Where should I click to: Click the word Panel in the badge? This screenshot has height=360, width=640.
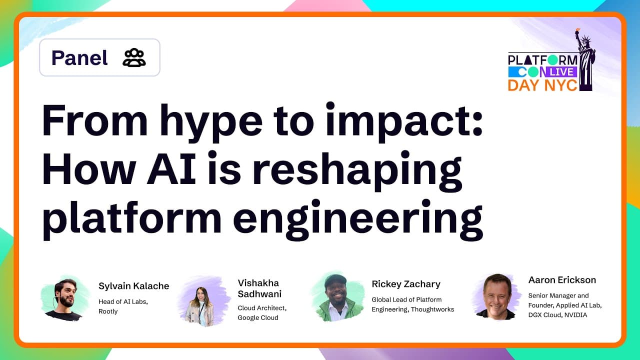(x=79, y=58)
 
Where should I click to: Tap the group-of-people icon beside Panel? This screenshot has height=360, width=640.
(x=134, y=58)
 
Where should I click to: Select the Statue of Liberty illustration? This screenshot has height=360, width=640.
(x=585, y=60)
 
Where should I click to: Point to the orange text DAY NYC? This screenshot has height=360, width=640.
(x=542, y=85)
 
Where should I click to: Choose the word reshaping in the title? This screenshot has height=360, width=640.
(x=357, y=170)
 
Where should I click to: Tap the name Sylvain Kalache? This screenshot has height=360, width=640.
(x=134, y=286)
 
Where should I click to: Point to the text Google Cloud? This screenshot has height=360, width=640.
(x=258, y=317)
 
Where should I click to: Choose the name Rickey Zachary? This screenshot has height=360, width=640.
(x=406, y=284)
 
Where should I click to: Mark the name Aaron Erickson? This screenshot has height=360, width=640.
(x=562, y=280)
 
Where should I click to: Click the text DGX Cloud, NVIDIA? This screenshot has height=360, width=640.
(x=557, y=315)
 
